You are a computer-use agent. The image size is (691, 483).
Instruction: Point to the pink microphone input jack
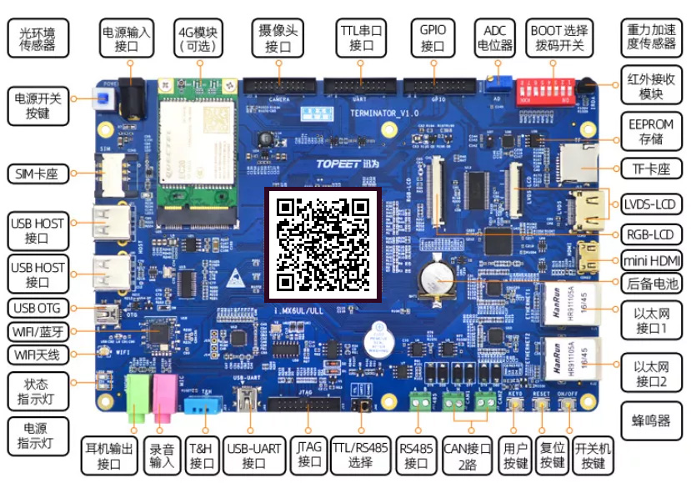pyautogui.click(x=164, y=395)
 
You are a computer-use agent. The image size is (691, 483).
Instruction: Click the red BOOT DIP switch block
pyautogui.click(x=547, y=89)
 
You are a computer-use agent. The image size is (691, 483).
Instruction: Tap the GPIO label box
pyautogui.click(x=433, y=38)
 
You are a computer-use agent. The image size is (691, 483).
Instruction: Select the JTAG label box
pyautogui.click(x=309, y=455)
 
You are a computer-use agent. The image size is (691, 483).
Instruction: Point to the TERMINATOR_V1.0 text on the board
pyautogui.click(x=385, y=112)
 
